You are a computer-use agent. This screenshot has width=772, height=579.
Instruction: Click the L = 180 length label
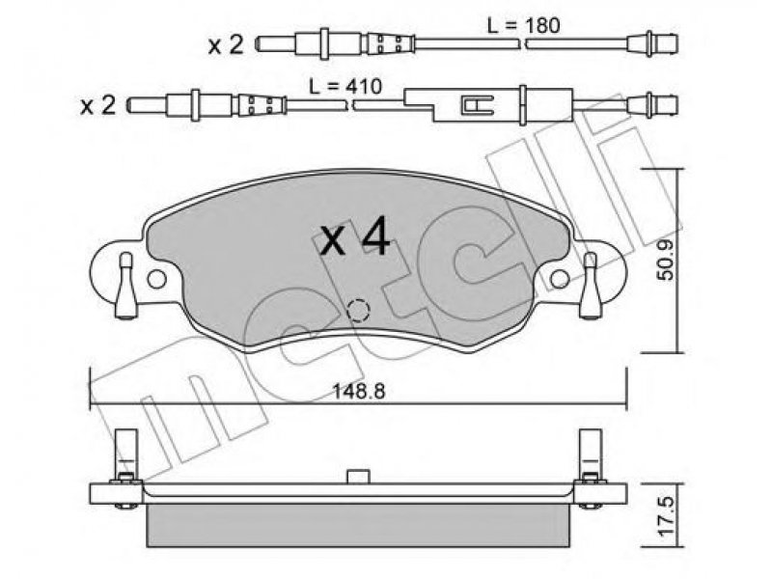(523, 25)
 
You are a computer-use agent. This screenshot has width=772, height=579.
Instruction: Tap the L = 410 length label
(345, 87)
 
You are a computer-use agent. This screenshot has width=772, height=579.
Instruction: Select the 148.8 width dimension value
(358, 392)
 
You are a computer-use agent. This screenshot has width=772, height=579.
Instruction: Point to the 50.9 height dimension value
(666, 262)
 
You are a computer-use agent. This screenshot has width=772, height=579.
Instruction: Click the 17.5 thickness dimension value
(666, 516)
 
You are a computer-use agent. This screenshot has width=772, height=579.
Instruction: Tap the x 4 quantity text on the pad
(355, 238)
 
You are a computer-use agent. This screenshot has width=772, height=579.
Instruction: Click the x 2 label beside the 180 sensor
(226, 45)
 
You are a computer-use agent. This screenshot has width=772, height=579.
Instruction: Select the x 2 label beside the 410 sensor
(98, 105)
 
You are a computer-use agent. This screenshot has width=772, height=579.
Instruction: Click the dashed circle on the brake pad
(358, 310)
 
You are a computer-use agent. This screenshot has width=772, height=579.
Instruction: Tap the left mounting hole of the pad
(156, 279)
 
